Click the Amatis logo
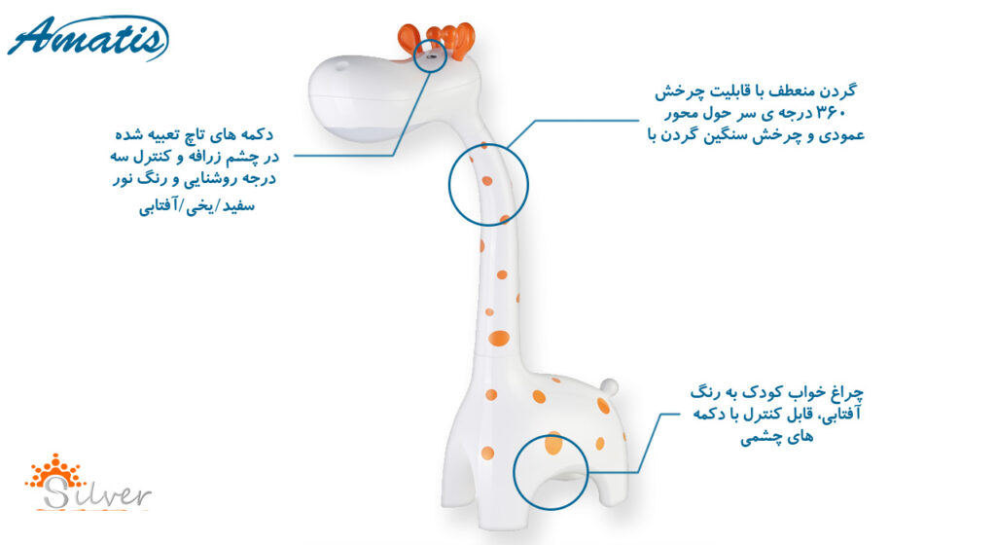tap(88, 38)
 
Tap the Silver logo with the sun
tap(88, 483)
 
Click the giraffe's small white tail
tap(609, 385)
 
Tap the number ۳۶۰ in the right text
tap(831, 114)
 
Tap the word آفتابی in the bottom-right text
tap(842, 415)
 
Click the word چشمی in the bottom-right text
tap(759, 438)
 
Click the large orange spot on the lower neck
tap(499, 338)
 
